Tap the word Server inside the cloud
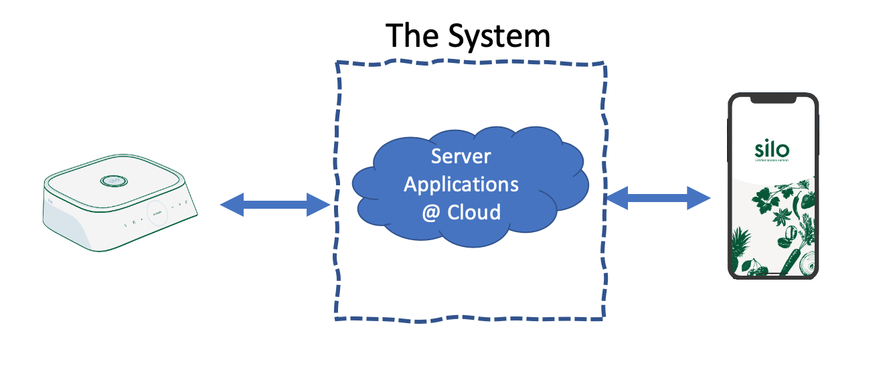coord(461,157)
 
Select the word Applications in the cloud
coord(461,184)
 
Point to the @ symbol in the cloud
coord(430,212)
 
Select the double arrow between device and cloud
coord(274,204)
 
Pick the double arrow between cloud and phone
coord(657,197)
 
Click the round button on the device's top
coord(114,179)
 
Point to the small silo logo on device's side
coord(51,200)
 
